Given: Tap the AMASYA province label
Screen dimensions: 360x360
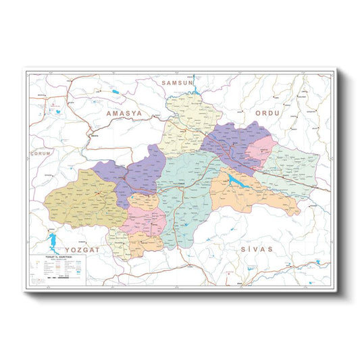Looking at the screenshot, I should (124, 114).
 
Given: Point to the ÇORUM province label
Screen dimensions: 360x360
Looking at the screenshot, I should (42, 153).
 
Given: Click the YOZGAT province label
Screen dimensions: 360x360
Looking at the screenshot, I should (88, 249).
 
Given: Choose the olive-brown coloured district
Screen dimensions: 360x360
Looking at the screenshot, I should (81, 199).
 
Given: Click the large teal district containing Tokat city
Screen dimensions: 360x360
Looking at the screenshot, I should (186, 196).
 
